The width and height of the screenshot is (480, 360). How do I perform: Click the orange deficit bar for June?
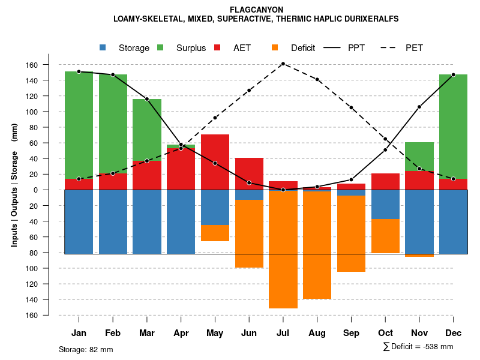249,233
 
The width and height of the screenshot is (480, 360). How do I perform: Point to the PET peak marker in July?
283,64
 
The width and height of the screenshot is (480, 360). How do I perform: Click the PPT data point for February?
113,75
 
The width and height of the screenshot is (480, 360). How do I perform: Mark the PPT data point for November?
419,107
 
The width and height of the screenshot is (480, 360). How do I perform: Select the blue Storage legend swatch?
103,47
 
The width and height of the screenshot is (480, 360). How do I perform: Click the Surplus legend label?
191,48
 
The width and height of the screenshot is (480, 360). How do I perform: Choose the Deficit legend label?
303,48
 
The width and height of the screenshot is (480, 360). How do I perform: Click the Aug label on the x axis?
317,333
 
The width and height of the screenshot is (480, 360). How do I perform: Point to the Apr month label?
181,333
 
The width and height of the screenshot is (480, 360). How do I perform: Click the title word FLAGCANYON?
256,10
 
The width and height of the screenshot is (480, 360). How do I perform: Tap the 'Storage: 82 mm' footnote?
86,349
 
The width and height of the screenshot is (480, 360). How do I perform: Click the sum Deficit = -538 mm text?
418,347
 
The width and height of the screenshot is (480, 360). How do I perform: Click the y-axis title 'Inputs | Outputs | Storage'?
14,189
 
